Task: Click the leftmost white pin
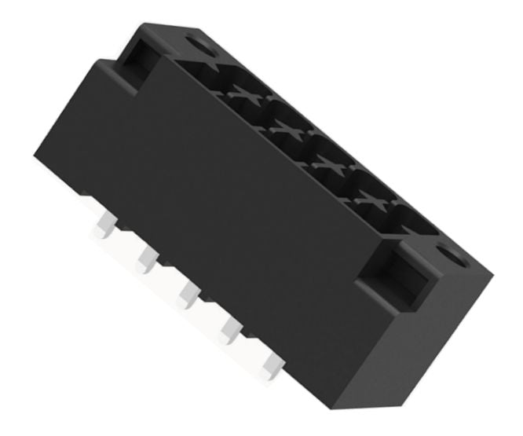[x=102, y=227]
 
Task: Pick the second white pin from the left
[x=145, y=258]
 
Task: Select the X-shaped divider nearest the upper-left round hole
[x=243, y=94]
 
